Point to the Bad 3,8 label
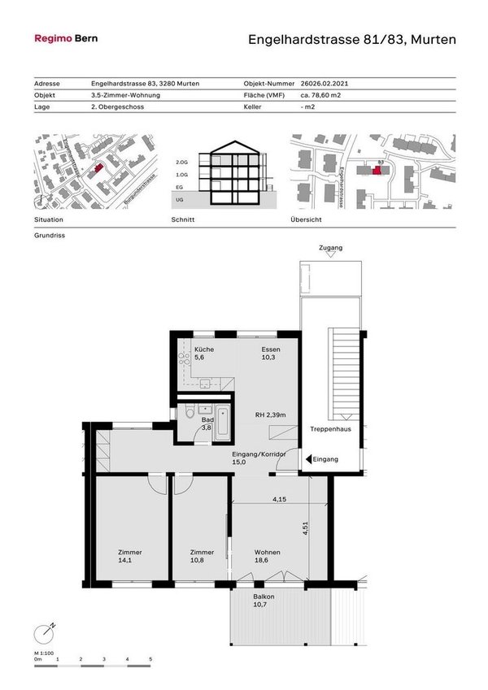point(207,423)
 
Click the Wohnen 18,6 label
point(267,557)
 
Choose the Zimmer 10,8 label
point(201,557)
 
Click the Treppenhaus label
point(330,429)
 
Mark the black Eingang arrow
point(307,459)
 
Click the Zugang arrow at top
point(330,254)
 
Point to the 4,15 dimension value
point(279,499)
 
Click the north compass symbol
point(44,632)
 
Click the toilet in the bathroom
point(190,413)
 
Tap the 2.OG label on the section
point(181,163)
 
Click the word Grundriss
point(49,236)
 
